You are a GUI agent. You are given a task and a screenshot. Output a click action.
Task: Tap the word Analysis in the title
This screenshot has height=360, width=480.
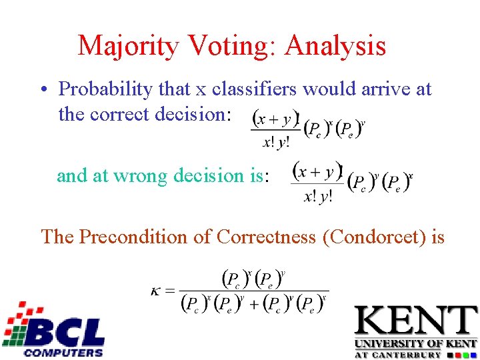(x=336, y=45)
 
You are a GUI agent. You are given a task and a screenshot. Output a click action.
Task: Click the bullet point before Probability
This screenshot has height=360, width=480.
(x=42, y=89)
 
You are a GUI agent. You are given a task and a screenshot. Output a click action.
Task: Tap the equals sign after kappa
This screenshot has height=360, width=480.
(x=169, y=291)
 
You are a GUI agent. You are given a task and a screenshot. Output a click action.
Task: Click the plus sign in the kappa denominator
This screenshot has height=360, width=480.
(x=255, y=304)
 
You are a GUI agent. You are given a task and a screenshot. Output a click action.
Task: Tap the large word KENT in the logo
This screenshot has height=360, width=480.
(x=416, y=322)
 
